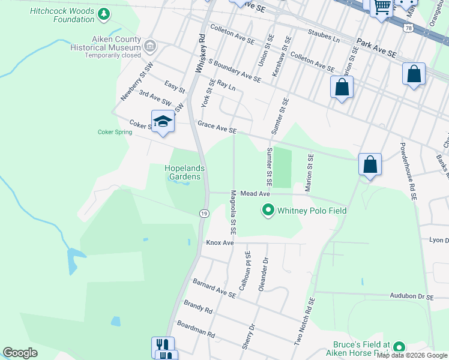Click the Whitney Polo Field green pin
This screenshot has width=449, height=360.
tap(268, 210)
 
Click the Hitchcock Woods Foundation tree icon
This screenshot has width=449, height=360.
tap(104, 14)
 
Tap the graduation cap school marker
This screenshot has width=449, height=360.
tap(162, 122)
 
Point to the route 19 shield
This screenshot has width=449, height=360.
tap(204, 213)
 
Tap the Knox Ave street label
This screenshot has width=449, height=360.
tap(219, 242)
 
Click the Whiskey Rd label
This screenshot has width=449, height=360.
tap(200, 53)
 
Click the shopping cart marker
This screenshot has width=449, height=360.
tap(382, 7)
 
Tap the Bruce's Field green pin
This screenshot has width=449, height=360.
tap(399, 347)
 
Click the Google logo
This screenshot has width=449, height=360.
tap(20, 353)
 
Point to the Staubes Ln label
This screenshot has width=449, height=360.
tap(324, 35)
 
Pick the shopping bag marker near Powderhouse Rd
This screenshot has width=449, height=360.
tap(370, 164)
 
